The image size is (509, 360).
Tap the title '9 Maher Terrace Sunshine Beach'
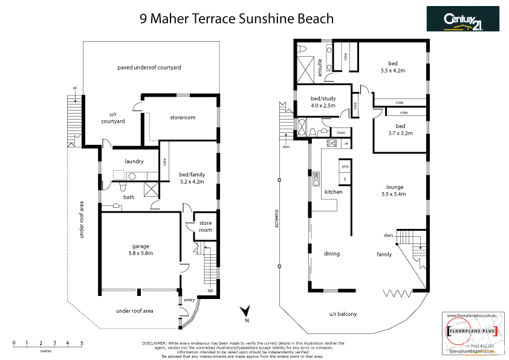point(236,19)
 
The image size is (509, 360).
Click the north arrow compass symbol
point(245,312)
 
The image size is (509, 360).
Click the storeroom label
point(182,117)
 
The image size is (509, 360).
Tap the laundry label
point(134,161)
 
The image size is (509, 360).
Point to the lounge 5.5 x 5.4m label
point(393,190)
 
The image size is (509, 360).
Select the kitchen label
point(334,192)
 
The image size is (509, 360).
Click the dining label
point(332,254)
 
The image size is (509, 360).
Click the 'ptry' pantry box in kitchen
point(345,166)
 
